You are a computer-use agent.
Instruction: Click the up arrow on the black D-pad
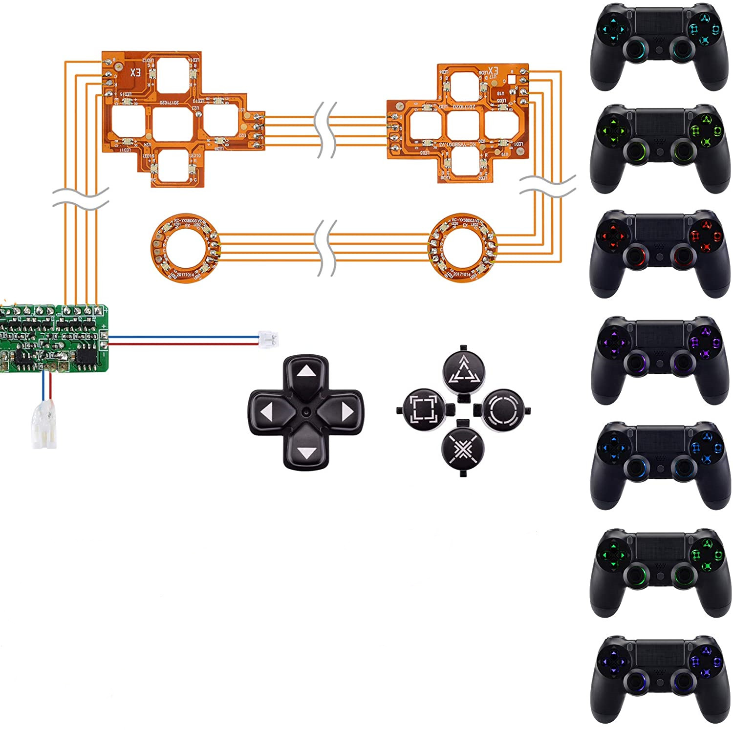pos(306,372)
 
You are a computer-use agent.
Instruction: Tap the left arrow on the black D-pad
pos(266,413)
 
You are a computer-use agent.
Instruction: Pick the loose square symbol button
pos(423,408)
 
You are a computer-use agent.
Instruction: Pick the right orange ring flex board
pos(462,249)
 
